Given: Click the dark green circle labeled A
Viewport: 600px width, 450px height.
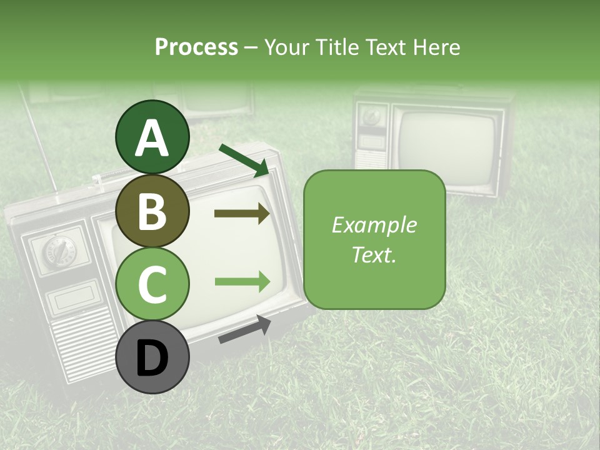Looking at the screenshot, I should (152, 137).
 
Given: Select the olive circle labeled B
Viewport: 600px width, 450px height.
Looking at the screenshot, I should (152, 211).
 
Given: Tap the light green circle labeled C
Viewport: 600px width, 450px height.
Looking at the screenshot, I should (152, 283).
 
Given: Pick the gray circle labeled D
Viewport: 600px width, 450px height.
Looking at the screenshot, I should (152, 357).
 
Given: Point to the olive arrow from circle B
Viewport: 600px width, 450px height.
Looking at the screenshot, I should (242, 214).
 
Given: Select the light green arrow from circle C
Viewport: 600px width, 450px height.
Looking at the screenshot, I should (242, 282).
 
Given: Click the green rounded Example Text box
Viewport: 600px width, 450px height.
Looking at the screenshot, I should (374, 240).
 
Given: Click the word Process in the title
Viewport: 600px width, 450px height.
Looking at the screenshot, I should (196, 47).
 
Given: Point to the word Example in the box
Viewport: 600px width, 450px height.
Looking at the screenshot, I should (374, 225).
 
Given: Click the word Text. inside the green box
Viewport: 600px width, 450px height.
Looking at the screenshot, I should (374, 254).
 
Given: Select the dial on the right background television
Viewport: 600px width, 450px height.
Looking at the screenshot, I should (372, 116).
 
